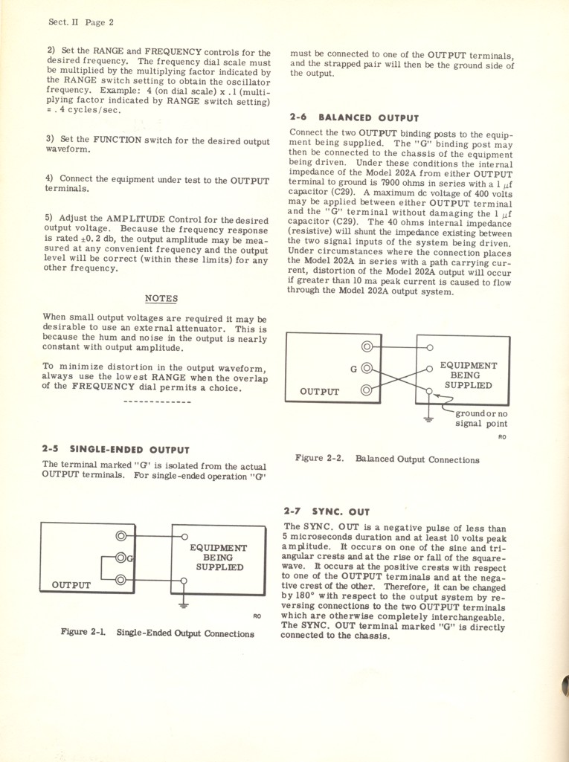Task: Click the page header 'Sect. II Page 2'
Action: click(77, 23)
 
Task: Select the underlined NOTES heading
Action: click(161, 299)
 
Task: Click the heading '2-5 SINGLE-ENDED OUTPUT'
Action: click(116, 450)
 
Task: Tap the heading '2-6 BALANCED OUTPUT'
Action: click(353, 117)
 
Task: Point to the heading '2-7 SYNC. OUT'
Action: click(326, 511)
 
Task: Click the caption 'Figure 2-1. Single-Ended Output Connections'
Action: click(157, 634)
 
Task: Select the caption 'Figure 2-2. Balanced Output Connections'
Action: click(387, 459)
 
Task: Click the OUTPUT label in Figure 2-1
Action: click(71, 585)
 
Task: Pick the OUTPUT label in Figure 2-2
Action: click(319, 392)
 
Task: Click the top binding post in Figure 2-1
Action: click(121, 536)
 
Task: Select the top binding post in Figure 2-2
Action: click(366, 346)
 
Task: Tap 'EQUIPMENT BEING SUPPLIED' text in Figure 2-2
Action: click(469, 375)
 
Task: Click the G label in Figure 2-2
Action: click(353, 368)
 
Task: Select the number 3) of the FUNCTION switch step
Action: click(50, 140)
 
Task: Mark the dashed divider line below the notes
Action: click(157, 402)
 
